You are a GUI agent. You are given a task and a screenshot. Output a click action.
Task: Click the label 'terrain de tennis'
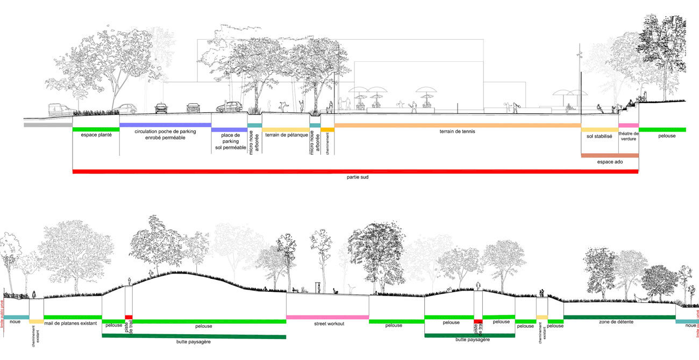click(458, 132)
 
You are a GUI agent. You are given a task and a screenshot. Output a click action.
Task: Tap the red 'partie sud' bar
click(355, 171)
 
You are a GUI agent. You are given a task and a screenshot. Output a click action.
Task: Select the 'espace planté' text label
click(96, 135)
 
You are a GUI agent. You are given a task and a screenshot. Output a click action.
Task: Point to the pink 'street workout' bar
click(327, 317)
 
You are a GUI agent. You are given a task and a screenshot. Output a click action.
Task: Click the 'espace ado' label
click(610, 161)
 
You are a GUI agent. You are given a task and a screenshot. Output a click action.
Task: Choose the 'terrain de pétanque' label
click(287, 135)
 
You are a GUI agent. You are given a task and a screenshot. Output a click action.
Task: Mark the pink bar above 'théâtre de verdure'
click(628, 126)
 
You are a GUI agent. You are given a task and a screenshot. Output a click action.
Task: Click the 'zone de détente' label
click(619, 322)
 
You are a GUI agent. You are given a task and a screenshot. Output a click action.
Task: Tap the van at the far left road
click(61, 110)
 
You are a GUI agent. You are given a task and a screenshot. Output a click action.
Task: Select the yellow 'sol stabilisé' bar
click(600, 129)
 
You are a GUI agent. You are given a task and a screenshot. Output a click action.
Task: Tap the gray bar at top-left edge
click(48, 125)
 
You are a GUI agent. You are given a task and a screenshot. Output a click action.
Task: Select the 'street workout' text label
click(327, 324)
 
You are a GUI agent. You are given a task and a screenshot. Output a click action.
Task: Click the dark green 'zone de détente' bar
click(619, 317)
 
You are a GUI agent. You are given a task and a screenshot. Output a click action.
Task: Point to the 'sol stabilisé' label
click(600, 136)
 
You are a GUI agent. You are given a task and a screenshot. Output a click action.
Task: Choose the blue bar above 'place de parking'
click(229, 129)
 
